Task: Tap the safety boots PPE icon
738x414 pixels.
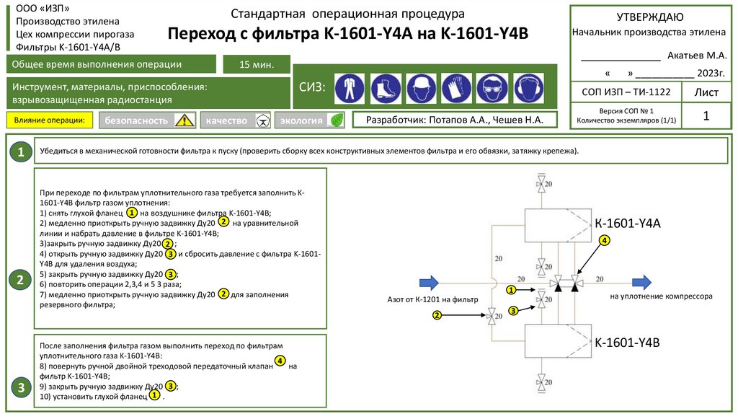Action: [386, 89]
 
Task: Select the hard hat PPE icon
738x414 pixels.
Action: [421, 89]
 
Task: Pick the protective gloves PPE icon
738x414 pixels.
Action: [456, 89]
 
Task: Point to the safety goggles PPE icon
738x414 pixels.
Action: [492, 89]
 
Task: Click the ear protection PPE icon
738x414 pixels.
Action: [526, 89]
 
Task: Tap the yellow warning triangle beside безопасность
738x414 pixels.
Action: [185, 120]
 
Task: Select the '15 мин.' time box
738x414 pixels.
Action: [257, 65]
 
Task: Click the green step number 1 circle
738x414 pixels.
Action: [21, 152]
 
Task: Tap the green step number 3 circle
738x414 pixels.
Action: [21, 388]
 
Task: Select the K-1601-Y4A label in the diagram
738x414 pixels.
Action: [627, 224]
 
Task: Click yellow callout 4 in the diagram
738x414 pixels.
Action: [604, 239]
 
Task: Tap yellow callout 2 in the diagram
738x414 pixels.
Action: [437, 315]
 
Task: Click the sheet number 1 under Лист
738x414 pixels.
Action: [706, 116]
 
